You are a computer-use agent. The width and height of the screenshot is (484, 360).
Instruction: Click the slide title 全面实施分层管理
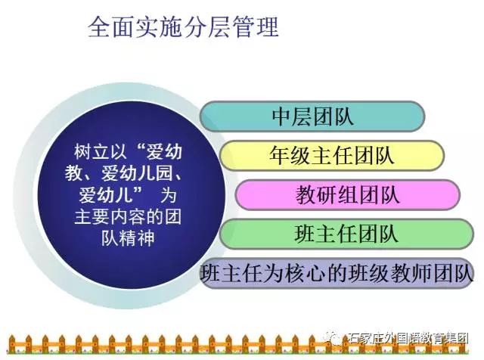point(183,27)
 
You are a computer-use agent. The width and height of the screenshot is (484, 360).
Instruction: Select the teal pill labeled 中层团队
point(312,116)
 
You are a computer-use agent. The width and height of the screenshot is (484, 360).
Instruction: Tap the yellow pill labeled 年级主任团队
point(332,156)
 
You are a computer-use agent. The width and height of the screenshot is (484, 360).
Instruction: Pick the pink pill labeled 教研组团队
point(348,195)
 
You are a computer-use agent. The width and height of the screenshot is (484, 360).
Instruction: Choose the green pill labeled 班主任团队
point(346,234)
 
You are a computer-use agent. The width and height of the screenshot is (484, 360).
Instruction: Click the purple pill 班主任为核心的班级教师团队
point(337,273)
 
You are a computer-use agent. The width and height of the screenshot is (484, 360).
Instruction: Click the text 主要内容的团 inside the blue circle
point(128,217)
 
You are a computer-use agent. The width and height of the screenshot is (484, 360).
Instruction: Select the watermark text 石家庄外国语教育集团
point(408,338)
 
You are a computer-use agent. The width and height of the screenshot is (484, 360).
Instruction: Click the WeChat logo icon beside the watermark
point(334,338)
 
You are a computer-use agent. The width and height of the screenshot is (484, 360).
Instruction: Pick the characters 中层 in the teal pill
point(291,116)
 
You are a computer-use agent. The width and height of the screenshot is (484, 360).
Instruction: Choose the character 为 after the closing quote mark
point(168,195)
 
